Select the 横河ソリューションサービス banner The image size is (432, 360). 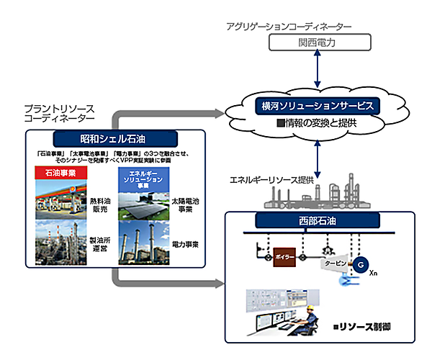(317, 106)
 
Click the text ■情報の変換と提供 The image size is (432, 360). (317, 123)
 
